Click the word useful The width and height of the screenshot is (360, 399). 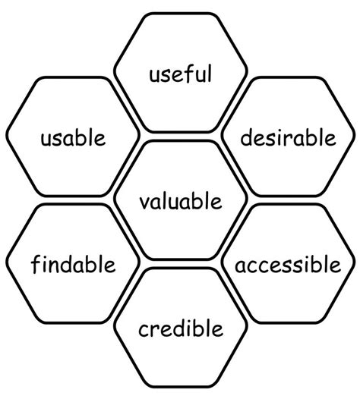(181, 74)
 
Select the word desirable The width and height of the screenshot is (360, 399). (288, 137)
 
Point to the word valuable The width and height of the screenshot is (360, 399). (181, 201)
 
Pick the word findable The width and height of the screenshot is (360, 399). (73, 265)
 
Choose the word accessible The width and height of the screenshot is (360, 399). (288, 265)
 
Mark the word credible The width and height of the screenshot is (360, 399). (181, 328)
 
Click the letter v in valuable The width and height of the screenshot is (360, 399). (146, 203)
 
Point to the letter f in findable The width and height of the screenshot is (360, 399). (36, 265)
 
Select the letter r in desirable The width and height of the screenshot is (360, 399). (286, 140)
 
